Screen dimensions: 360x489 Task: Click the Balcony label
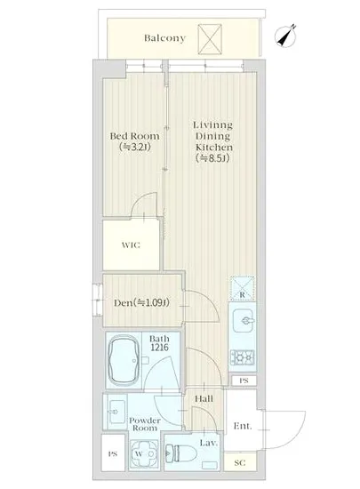pyautogui.click(x=164, y=38)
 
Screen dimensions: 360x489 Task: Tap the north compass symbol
pyautogui.click(x=285, y=36)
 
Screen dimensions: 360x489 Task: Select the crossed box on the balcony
pyautogui.click(x=210, y=39)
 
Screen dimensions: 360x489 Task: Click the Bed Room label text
pyautogui.click(x=134, y=136)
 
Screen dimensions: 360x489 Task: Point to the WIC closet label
pyautogui.click(x=131, y=245)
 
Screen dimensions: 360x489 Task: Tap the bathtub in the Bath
pyautogui.click(x=124, y=360)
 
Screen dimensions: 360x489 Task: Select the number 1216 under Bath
pyautogui.click(x=159, y=347)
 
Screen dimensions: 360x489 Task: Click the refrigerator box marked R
pyautogui.click(x=242, y=288)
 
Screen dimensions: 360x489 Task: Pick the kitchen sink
pyautogui.click(x=244, y=321)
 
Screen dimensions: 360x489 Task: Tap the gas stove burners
pyautogui.click(x=242, y=357)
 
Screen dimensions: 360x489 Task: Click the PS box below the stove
pyautogui.click(x=244, y=381)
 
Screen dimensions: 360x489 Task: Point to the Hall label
pyautogui.click(x=204, y=398)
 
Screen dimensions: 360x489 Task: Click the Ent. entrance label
pyautogui.click(x=243, y=426)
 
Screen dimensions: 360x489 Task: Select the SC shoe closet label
pyautogui.click(x=240, y=463)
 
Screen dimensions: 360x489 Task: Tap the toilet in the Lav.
pyautogui.click(x=181, y=453)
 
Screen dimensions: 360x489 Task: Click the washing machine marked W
pyautogui.click(x=140, y=453)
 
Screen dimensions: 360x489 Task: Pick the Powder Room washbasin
pyautogui.click(x=116, y=412)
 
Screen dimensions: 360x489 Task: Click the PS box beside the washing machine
pyautogui.click(x=113, y=453)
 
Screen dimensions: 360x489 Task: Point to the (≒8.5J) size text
pyautogui.click(x=212, y=158)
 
